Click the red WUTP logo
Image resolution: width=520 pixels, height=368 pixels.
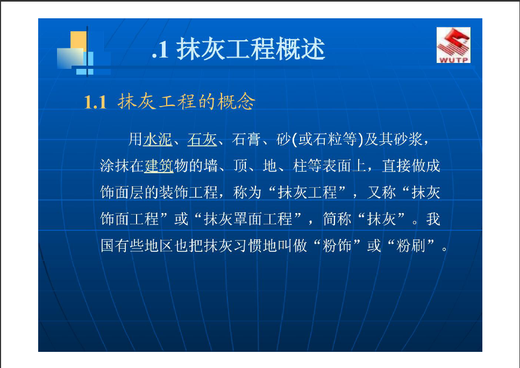click(453, 45)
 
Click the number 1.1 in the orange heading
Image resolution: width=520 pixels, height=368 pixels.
click(95, 102)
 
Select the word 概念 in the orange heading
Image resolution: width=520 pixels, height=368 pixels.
click(237, 101)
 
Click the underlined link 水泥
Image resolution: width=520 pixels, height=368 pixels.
click(158, 139)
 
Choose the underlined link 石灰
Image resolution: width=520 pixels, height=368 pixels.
click(202, 139)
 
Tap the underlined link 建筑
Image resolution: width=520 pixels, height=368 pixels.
click(159, 166)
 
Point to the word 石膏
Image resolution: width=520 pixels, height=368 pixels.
click(246, 139)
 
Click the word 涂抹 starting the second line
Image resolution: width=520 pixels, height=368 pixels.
click(115, 166)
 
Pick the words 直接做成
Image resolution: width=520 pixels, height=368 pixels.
click(411, 166)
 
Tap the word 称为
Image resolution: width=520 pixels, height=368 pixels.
click(247, 193)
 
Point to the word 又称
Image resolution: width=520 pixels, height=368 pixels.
click(381, 193)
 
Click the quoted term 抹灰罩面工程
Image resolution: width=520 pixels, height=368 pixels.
click(248, 219)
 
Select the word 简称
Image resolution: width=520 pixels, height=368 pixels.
click(337, 219)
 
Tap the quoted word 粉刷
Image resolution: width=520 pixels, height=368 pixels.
click(411, 246)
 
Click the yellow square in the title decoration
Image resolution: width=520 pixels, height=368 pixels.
click(79, 40)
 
